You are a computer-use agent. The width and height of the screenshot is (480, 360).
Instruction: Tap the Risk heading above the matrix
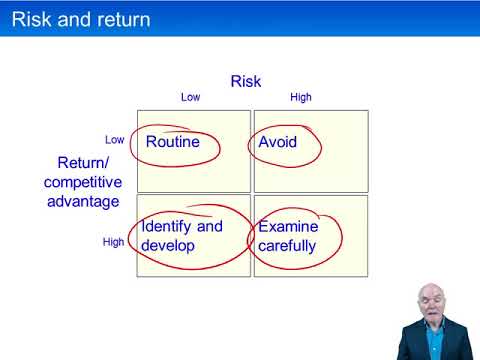click(246, 81)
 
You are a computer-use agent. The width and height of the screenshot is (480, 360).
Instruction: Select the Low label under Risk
click(190, 98)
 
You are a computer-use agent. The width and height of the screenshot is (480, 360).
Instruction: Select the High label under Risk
click(300, 98)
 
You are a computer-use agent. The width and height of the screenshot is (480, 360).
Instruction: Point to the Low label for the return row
click(115, 140)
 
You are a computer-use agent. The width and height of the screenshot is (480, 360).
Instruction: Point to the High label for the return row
click(114, 242)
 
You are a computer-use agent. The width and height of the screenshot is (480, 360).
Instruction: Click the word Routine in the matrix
click(172, 142)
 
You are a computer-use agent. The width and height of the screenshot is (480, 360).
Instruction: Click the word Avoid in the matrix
click(277, 142)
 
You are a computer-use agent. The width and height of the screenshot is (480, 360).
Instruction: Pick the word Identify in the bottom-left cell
click(167, 226)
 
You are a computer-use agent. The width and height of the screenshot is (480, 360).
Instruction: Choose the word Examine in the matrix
click(288, 226)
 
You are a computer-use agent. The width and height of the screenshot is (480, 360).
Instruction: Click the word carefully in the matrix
click(287, 245)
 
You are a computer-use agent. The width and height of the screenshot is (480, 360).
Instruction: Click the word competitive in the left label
click(82, 181)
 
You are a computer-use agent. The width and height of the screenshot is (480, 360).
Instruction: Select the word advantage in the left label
click(82, 201)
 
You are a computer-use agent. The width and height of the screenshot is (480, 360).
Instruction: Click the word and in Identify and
click(209, 226)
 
